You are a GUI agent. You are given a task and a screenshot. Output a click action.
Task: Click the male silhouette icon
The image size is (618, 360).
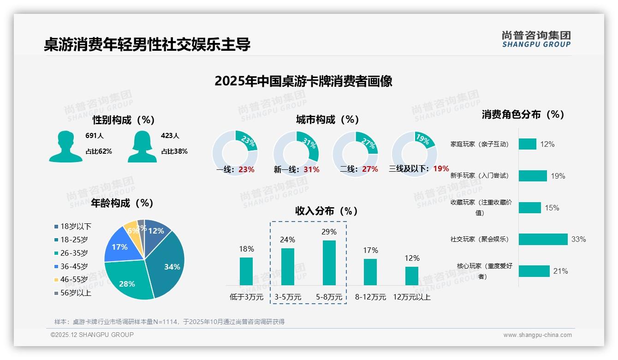65,147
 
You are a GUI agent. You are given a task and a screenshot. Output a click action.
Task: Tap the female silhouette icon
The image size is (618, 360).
142,147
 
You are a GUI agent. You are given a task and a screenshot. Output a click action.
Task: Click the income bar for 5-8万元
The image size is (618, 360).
329,263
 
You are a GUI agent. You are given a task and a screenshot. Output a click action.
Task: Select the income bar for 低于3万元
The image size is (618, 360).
246,271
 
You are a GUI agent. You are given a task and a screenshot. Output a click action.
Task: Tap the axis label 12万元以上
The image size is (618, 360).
412,297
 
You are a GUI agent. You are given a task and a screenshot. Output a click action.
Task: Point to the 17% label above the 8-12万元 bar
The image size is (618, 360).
370,250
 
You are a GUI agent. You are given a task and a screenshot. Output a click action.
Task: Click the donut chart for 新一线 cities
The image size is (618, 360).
296,153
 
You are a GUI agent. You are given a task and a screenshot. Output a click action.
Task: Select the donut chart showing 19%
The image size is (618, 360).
414,153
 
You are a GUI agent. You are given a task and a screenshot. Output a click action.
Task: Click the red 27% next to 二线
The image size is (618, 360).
370,169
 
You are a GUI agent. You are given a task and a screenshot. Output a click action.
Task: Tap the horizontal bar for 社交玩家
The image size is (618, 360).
543,239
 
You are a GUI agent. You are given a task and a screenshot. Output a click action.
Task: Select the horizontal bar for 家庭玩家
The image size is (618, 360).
527,144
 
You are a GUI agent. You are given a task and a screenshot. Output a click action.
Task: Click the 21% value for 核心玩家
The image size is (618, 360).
560,271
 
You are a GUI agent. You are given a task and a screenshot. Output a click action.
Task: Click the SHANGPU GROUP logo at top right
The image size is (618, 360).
536,39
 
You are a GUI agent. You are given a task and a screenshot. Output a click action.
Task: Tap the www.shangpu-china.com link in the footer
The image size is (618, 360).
537,335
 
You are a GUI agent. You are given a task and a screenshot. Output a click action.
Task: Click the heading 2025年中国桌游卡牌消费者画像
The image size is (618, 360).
303,81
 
